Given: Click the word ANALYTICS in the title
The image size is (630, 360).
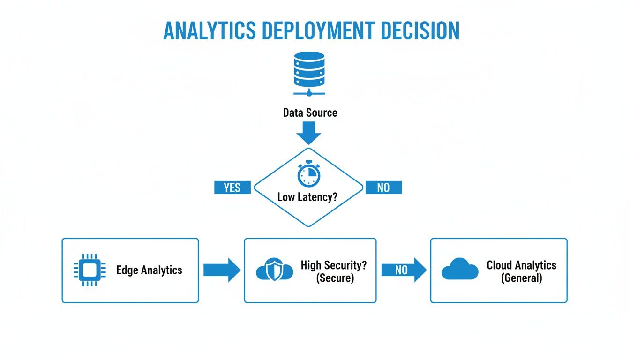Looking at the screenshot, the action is (210, 30).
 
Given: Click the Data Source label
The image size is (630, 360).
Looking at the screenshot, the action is (310, 112).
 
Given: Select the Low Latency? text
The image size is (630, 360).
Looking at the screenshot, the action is (307, 197).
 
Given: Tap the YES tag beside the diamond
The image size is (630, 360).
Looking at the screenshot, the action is (232, 187).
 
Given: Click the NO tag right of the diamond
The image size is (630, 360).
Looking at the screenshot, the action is (383, 187).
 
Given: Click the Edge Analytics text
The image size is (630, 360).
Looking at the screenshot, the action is (149, 270).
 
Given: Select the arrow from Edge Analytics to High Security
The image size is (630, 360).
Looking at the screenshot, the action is (221, 270).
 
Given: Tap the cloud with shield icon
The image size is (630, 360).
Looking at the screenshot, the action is (275, 270).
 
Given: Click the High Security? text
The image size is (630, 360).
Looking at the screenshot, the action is (334, 265).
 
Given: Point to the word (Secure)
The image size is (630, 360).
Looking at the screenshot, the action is (335, 277).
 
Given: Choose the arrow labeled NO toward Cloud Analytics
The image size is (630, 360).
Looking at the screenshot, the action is (403, 270).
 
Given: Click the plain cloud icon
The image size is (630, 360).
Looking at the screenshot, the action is (460, 270).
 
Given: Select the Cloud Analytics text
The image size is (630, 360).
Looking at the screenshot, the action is (521, 265).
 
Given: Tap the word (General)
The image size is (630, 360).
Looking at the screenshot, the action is (521, 277).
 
